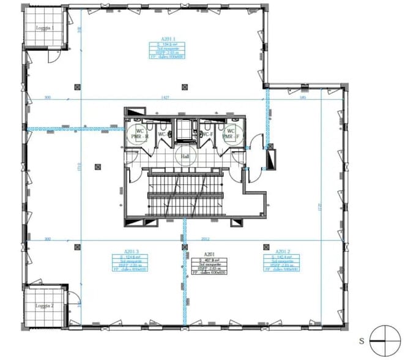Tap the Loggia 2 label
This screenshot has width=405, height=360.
tap(43, 306)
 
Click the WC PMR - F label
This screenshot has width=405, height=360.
tap(231, 133)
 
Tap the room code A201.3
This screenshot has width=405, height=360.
tap(132, 252)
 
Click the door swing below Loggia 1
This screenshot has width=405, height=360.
tap(54, 56)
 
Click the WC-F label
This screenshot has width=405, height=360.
tap(207, 134)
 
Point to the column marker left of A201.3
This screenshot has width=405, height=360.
tap(76, 247)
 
